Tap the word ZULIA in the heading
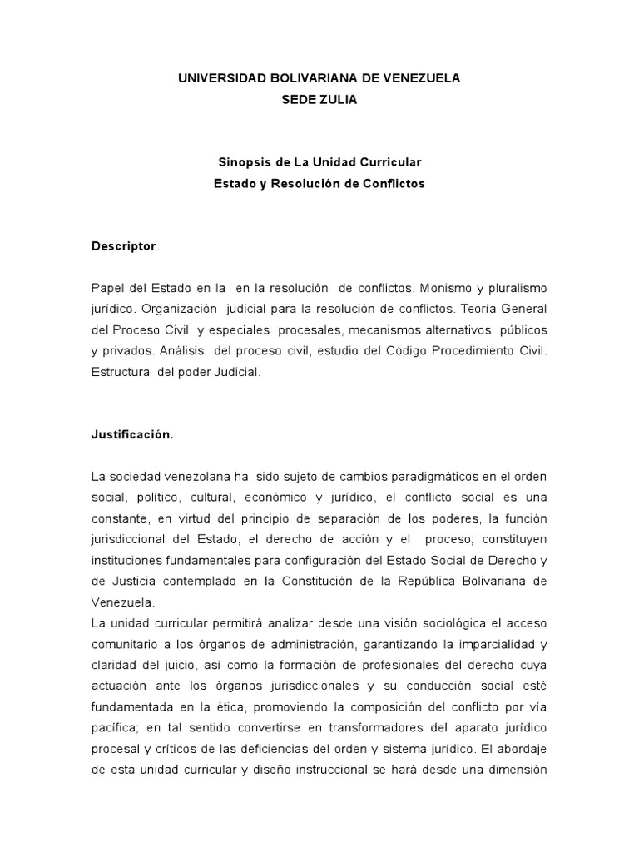(337, 99)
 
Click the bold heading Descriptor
(123, 246)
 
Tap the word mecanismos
(391, 330)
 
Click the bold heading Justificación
(131, 436)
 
